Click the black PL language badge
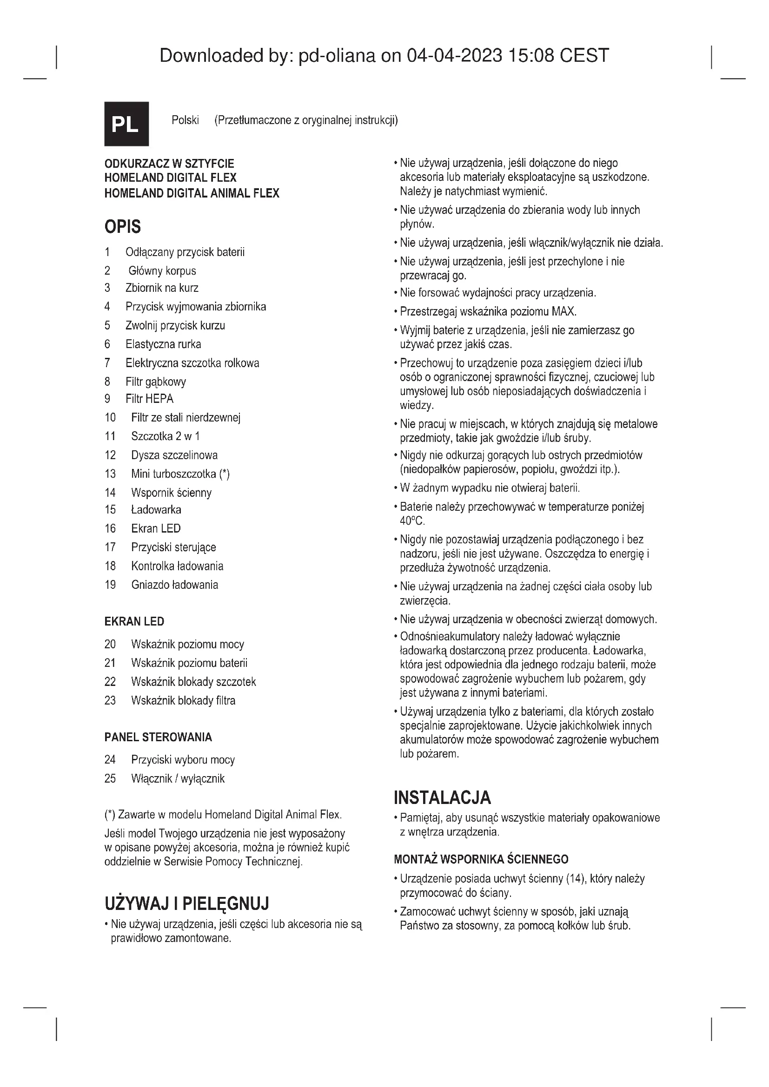(x=126, y=124)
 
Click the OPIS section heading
(x=123, y=227)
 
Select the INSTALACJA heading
(x=442, y=798)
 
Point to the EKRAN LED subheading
(x=134, y=621)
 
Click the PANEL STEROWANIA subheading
(x=158, y=737)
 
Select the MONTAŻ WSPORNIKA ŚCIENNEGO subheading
(x=481, y=859)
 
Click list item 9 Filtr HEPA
(x=149, y=399)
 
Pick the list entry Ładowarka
(x=156, y=509)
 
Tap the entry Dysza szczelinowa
(x=174, y=455)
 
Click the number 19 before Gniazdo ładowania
(x=110, y=585)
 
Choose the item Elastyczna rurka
(x=163, y=344)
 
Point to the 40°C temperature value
(x=412, y=521)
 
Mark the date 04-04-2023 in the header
(x=454, y=55)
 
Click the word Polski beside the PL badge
(x=185, y=120)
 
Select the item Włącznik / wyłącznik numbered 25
(x=178, y=778)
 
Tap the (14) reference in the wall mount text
(x=574, y=878)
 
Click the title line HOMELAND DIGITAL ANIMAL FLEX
(x=192, y=193)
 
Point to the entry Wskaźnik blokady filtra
(x=183, y=700)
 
